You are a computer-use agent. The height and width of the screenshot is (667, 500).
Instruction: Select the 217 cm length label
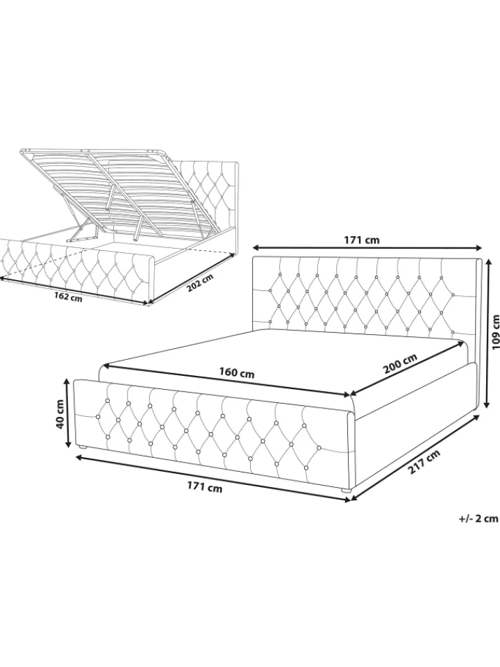pos(424,463)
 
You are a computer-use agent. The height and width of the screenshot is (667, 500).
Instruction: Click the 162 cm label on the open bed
pos(68,296)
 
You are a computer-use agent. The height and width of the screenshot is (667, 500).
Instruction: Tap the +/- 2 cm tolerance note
pos(478,518)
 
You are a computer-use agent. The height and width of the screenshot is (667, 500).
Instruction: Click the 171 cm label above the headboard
pos(361,240)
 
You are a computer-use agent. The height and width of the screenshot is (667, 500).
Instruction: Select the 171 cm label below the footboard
pos(205,488)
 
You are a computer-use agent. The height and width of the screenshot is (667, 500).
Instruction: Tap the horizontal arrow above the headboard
pos(368,247)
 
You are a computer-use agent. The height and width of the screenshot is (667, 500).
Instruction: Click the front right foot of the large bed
pos(346,491)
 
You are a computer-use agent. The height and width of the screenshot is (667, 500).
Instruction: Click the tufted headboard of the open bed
pos(208,192)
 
